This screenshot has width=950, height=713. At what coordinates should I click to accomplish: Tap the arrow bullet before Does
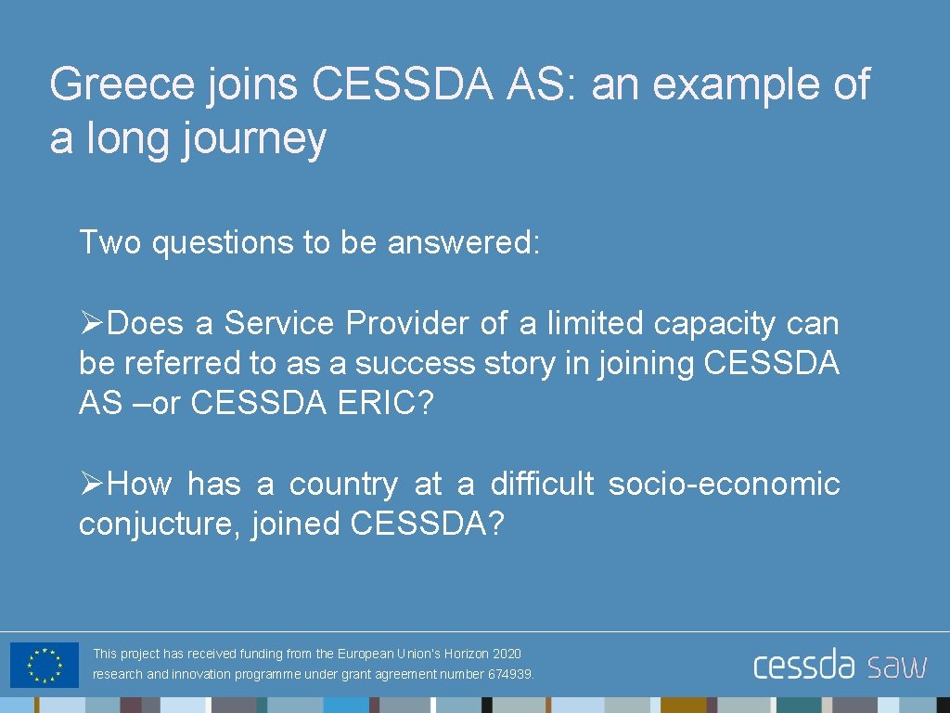pyautogui.click(x=91, y=323)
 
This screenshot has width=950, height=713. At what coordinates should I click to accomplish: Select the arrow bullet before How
pyautogui.click(x=91, y=484)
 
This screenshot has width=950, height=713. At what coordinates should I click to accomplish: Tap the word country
pyautogui.click(x=342, y=484)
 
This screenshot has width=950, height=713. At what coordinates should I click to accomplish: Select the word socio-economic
pyautogui.click(x=724, y=484)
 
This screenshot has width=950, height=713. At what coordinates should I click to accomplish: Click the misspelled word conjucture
pyautogui.click(x=159, y=525)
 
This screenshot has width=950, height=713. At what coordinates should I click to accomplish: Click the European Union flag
pyautogui.click(x=44, y=665)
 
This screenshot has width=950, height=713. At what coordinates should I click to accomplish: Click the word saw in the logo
pyautogui.click(x=897, y=666)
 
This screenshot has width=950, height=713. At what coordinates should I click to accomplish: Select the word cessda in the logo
pyautogui.click(x=803, y=666)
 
